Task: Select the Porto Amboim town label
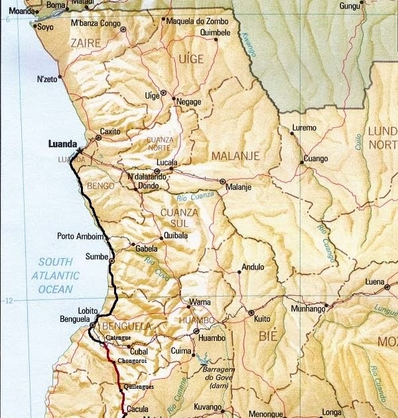80,236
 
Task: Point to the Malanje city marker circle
223,181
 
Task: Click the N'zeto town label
47,78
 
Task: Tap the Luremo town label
304,127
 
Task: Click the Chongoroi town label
131,360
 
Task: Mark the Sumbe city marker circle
112,261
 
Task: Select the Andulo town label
253,267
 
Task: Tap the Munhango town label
308,309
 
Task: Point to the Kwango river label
247,44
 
